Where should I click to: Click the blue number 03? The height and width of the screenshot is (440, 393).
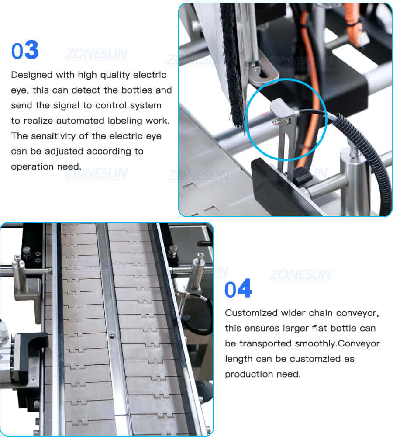[x=25, y=50]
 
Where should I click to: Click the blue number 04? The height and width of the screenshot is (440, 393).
[x=238, y=289]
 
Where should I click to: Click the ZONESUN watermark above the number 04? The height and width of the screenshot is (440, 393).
[x=300, y=275]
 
